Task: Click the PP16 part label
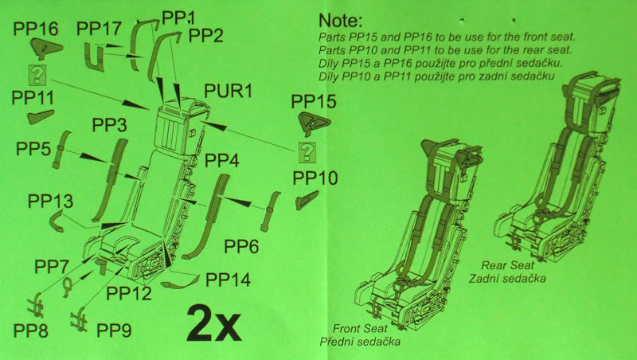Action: coord(36,29)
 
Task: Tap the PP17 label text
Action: coord(99,29)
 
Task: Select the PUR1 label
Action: coord(228,91)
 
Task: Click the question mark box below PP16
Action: coord(37,75)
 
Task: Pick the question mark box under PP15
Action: coord(307,152)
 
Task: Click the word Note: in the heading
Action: coord(340,21)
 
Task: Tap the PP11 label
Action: coord(33,98)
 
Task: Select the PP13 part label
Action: coord(50,202)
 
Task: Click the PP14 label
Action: coord(228,280)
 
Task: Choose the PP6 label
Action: coord(241,246)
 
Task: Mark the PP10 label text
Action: coord(315,178)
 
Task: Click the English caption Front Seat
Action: coord(360,328)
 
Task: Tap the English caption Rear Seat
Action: coord(507,265)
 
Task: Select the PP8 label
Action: coord(31,331)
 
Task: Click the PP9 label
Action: coord(114,331)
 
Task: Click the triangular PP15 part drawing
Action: coord(314,123)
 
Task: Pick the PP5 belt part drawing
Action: coord(61,150)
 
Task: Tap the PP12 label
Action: coord(129,293)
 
